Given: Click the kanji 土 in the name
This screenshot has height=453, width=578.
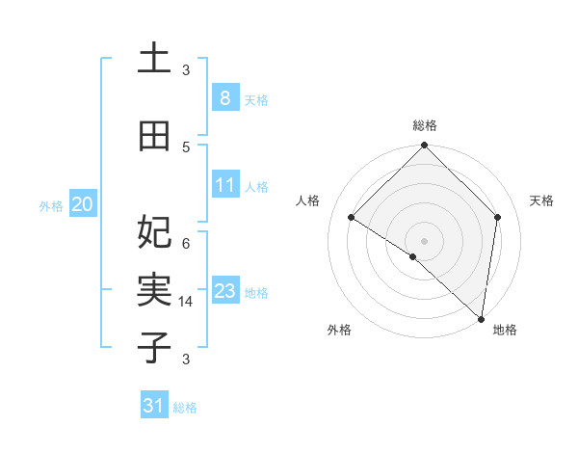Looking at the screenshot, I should pos(154,59).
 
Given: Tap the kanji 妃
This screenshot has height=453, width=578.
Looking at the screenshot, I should pos(154,232).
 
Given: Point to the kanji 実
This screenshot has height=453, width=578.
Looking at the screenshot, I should pos(154,290).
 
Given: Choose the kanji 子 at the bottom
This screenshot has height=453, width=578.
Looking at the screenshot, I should pos(154,348).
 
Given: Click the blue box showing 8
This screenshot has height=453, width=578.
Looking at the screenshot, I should pos(224,97).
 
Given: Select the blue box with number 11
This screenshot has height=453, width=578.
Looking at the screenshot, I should pos(224,184).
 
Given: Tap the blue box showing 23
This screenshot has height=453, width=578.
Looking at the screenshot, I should pos(224,291).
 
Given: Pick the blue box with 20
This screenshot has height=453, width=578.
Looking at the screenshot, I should pos(83,204).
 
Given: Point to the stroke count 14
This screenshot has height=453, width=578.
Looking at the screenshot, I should pos(186,302).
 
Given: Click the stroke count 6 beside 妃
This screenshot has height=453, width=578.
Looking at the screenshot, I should pos(186,243).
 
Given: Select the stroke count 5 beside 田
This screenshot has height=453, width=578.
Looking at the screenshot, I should pos(186,147).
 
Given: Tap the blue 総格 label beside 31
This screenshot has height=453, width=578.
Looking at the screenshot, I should pos(185,408).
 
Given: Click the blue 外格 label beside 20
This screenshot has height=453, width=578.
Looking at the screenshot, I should pos(51,205).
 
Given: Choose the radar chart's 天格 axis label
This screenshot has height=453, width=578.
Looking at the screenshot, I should pos(542,200).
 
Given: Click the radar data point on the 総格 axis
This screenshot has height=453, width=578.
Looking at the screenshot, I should pos(424,146).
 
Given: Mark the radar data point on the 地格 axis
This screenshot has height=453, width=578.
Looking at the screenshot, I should pos(480,318).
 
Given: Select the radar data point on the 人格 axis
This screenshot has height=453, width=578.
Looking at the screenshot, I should pos(352,218).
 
